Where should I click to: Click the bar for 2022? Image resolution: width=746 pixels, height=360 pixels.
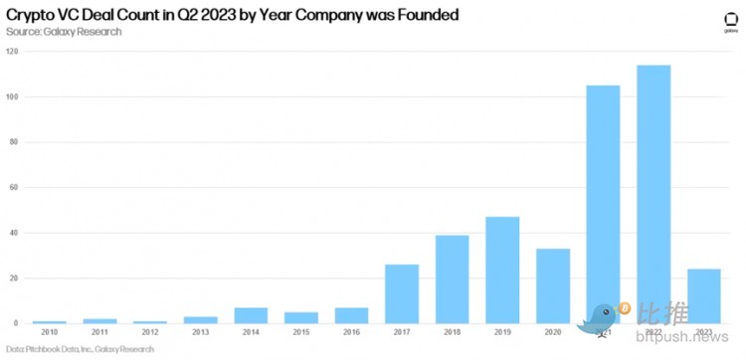click(x=654, y=194)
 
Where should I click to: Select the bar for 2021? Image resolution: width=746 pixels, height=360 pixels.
click(x=604, y=204)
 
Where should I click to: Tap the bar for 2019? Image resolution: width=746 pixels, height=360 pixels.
click(x=502, y=270)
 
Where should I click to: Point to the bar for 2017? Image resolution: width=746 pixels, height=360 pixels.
click(x=402, y=293)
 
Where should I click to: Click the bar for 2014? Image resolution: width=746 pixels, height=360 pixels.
click(x=250, y=315)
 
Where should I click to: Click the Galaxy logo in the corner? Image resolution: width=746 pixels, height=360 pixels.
click(x=729, y=23)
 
